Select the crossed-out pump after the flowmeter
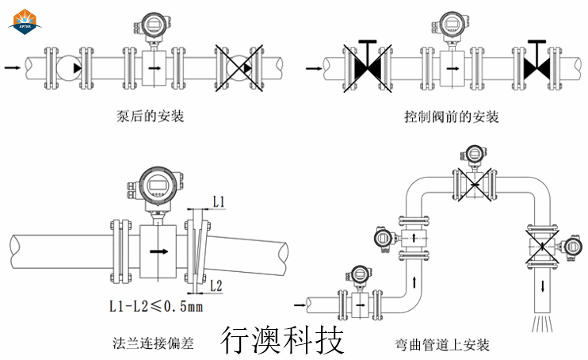pyautogui.click(x=239, y=68)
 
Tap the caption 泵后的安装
pyautogui.click(x=150, y=117)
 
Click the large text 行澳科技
pyautogui.click(x=282, y=339)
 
